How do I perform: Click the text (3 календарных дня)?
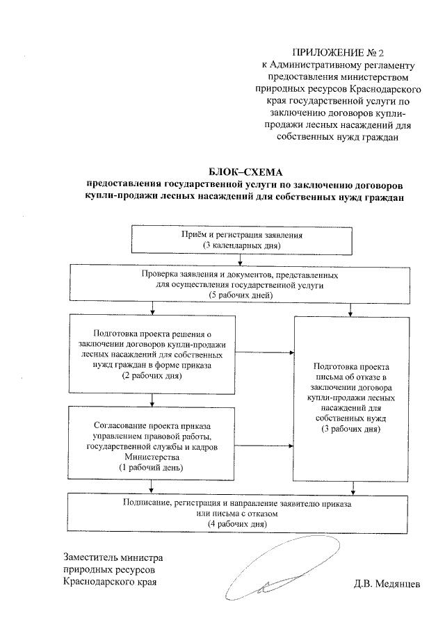point(241,247)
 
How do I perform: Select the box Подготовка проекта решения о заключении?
point(152,354)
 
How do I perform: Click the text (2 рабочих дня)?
point(152,376)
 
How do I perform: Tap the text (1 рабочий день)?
point(152,468)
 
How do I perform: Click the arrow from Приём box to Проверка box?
point(241,261)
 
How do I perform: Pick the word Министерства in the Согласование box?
point(152,458)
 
